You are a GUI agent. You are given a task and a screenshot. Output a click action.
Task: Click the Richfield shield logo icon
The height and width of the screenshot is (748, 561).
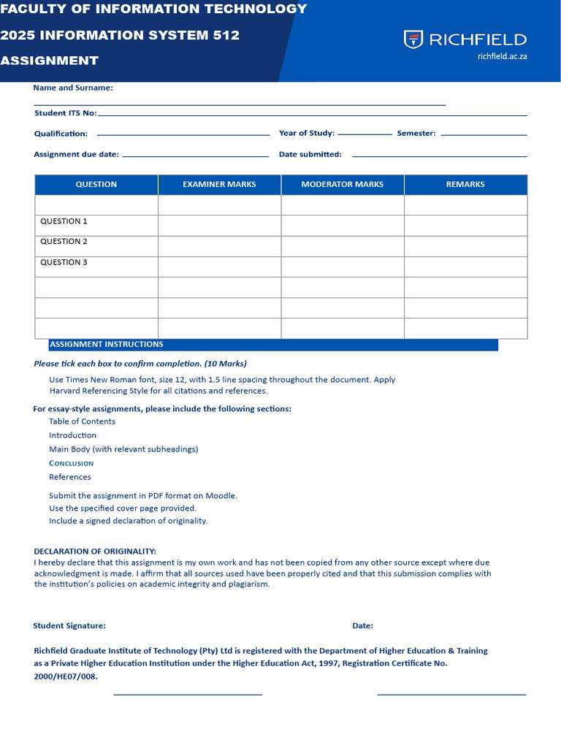pos(413,39)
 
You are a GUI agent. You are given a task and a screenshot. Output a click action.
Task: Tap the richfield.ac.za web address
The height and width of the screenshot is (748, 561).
pos(502,56)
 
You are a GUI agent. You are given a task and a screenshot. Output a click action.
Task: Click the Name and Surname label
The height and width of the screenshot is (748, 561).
pos(73,88)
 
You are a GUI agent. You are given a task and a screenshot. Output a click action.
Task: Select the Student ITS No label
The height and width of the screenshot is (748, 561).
pos(65,113)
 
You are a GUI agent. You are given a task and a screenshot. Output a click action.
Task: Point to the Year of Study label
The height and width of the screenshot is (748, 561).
pos(306,133)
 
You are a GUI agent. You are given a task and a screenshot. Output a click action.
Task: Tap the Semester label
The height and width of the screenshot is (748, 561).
pos(416,133)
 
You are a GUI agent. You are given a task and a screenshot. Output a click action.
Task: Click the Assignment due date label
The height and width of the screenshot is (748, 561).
pos(76,154)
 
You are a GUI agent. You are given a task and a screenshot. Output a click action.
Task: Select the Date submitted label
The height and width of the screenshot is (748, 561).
pos(310,154)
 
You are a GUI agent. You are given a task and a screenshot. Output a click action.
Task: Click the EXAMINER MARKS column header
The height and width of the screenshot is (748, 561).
pos(219,185)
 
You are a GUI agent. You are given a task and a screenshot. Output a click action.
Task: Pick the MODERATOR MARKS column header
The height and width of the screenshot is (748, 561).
pos(342,185)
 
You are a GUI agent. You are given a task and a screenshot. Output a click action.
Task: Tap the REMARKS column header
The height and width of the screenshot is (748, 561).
pos(465,185)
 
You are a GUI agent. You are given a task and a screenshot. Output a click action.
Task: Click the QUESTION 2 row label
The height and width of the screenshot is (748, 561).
pos(64,242)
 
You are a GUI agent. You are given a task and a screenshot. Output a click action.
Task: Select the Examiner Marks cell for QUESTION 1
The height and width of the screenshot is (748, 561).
pos(219,225)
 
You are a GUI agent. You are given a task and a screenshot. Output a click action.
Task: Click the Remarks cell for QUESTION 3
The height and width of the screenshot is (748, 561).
pos(465,267)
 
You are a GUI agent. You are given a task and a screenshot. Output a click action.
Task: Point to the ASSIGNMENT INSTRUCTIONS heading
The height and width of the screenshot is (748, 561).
pos(106,345)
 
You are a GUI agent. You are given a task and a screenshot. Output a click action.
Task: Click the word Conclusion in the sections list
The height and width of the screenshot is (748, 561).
pos(71,463)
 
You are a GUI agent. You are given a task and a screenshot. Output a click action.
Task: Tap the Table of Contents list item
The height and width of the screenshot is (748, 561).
pos(82,421)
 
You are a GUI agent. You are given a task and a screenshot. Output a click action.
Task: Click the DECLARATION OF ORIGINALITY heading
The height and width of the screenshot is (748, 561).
pos(95,552)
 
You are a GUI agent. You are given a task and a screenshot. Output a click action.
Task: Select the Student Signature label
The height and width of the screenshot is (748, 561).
pos(69,626)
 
